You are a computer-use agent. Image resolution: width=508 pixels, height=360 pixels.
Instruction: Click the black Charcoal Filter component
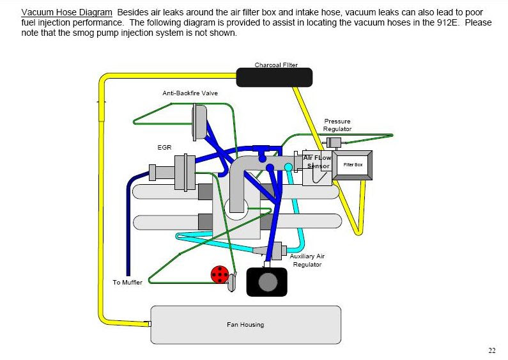tap(274, 77)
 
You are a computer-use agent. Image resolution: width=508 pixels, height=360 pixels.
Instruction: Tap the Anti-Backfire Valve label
tap(190, 93)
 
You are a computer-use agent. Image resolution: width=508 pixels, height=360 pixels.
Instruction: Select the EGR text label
tap(164, 147)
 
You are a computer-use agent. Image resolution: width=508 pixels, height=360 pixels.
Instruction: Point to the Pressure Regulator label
tap(337, 125)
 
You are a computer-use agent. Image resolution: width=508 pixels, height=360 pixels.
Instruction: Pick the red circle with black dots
tap(220, 275)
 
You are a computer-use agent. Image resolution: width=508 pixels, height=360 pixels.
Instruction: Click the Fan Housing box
tap(245, 324)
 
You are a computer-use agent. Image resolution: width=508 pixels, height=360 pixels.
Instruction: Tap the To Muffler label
tap(128, 283)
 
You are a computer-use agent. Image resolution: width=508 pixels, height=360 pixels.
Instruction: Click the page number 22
tap(491, 350)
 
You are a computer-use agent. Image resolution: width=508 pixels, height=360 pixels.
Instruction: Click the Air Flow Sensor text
tap(316, 162)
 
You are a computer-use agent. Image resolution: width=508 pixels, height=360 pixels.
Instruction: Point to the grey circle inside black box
tap(268, 281)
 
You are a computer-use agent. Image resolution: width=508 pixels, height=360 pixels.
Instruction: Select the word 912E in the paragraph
tap(440, 23)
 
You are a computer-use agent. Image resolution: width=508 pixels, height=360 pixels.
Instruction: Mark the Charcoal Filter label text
tap(276, 65)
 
